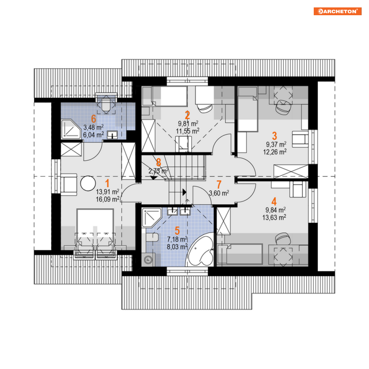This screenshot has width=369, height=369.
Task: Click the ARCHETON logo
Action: click(x=337, y=11)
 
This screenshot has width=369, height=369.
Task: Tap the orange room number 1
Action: click(x=107, y=183)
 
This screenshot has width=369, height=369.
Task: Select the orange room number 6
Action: click(x=93, y=119)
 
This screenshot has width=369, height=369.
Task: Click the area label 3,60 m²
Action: click(x=219, y=193)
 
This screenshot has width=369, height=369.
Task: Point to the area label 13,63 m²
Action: click(x=274, y=217)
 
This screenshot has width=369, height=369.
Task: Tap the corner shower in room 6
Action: click(x=71, y=129)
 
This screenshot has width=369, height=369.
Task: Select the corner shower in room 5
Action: click(x=152, y=218)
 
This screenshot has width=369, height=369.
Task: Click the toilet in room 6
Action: click(x=106, y=104)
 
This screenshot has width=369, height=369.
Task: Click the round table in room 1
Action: click(x=88, y=183)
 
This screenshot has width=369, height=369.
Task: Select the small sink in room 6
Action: click(x=112, y=135)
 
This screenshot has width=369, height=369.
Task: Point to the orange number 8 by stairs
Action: click(x=159, y=162)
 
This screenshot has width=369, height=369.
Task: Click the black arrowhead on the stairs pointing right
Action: click(x=185, y=192)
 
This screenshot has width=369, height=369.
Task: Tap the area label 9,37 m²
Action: click(x=276, y=144)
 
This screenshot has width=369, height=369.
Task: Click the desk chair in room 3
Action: click(x=283, y=107)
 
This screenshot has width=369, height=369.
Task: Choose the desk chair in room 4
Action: click(x=283, y=238)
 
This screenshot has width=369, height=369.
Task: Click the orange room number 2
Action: click(x=187, y=115)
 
